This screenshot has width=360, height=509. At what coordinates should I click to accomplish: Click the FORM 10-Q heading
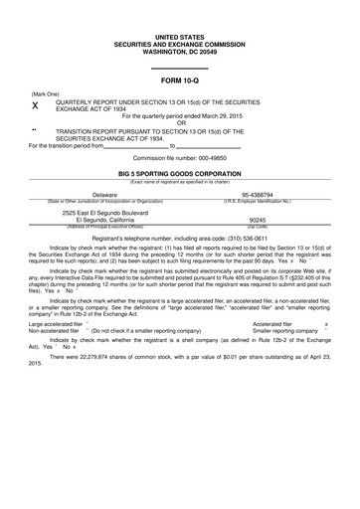click(x=181, y=80)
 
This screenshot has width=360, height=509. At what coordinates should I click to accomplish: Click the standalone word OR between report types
click(x=181, y=123)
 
